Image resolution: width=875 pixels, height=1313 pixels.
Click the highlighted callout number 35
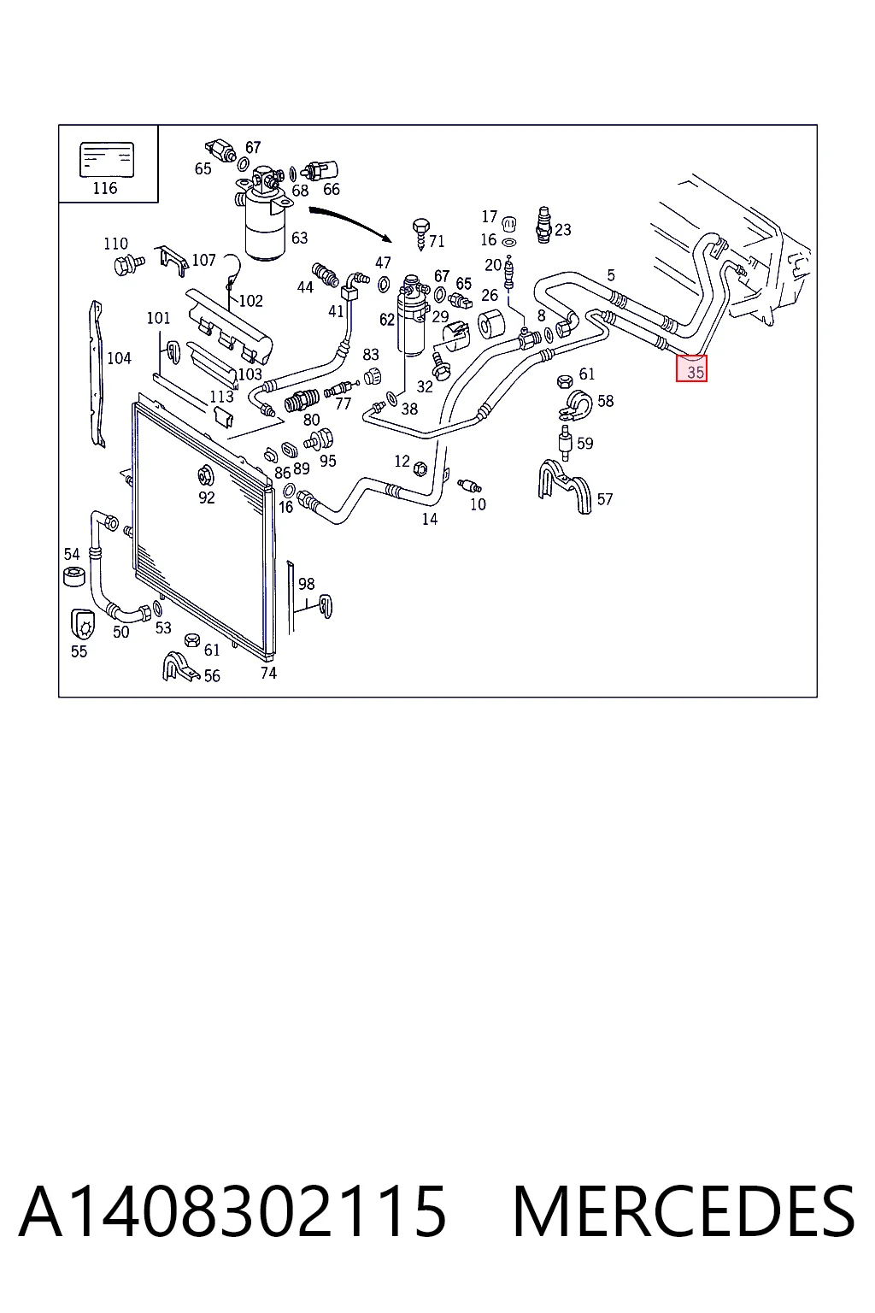695,372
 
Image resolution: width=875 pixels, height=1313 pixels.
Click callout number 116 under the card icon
105,188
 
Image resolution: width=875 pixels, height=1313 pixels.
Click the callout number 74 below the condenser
268,673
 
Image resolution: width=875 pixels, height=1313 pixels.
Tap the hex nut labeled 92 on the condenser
205,474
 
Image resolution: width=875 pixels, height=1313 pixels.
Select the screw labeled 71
420,233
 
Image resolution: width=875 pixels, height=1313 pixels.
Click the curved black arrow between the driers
352,221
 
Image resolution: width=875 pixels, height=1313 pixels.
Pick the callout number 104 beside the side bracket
119,358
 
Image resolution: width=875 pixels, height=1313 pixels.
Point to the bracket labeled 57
564,486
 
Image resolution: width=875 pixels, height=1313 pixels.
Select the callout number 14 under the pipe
430,519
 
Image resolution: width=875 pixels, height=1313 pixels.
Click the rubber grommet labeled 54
73,576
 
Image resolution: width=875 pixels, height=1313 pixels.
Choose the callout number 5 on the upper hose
611,275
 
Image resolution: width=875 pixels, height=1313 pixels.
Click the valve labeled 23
543,225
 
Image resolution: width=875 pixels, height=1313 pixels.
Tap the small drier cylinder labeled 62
412,315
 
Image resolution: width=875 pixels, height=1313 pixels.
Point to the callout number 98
307,583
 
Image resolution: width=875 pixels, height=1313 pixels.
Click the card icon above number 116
107,160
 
